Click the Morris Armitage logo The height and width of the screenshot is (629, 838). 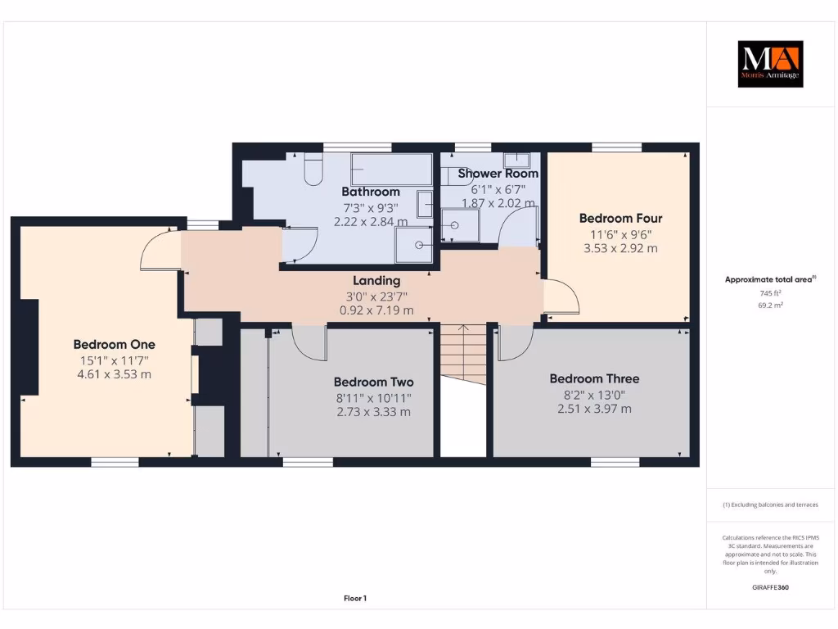(771, 64)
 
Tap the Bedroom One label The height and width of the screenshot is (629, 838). (114, 344)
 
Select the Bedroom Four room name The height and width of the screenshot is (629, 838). (620, 218)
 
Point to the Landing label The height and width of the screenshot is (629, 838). (376, 280)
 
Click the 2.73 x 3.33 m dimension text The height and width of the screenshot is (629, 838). (373, 411)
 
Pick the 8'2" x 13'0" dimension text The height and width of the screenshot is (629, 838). (594, 394)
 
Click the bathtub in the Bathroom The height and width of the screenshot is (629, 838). (391, 170)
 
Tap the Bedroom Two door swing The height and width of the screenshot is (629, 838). (309, 342)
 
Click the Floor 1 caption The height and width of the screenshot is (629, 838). (354, 599)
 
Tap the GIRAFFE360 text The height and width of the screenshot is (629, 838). (769, 587)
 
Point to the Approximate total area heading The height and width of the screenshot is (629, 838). (769, 279)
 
